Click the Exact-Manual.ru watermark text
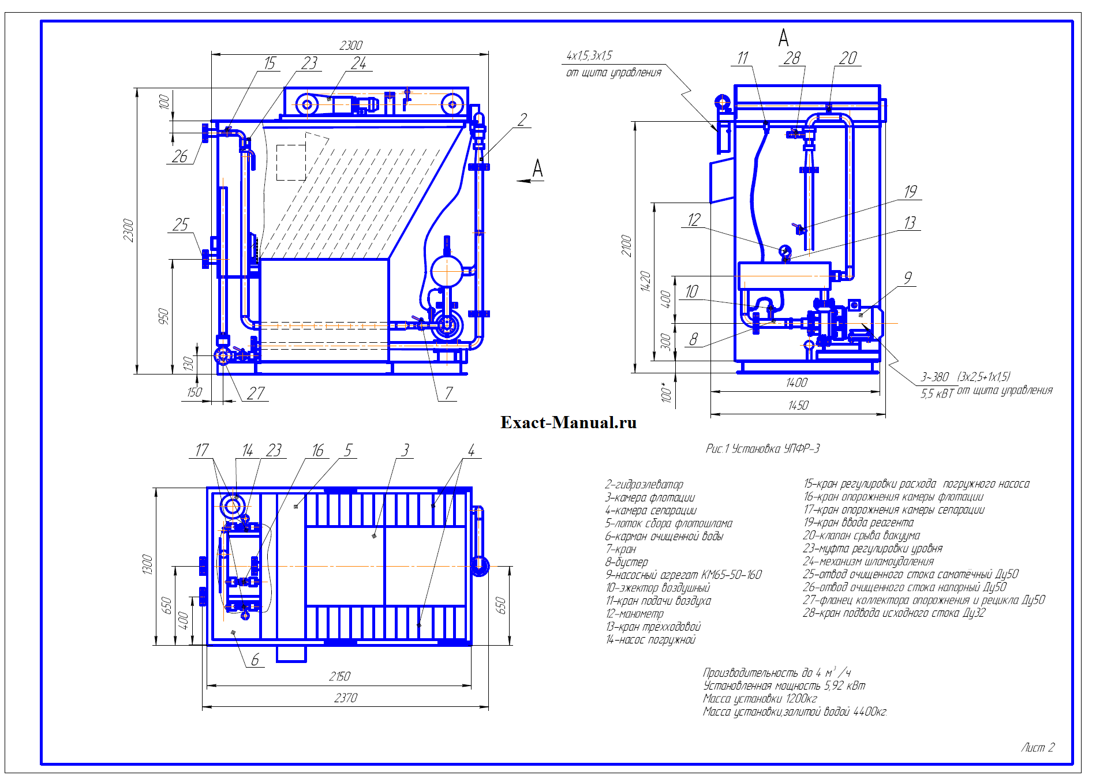pyautogui.click(x=568, y=422)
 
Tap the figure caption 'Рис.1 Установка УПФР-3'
pyautogui.click(x=762, y=448)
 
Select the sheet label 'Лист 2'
pyautogui.click(x=1037, y=747)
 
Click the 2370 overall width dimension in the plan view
pyautogui.click(x=346, y=698)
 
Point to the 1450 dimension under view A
pyautogui.click(x=798, y=405)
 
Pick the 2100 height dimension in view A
pyautogui.click(x=627, y=246)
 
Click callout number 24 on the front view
pyautogui.click(x=358, y=63)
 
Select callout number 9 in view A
pyautogui.click(x=908, y=278)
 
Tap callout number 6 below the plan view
pyautogui.click(x=255, y=659)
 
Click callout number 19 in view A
pyautogui.click(x=910, y=192)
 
